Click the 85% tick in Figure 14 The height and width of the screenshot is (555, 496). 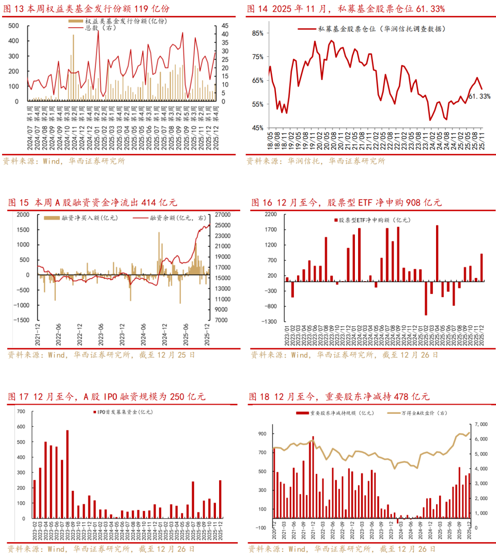[x=258, y=33]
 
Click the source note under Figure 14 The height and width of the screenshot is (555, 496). [x=316, y=161]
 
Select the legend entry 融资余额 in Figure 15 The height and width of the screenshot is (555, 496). [x=173, y=218]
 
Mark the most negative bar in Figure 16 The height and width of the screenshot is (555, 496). [x=426, y=297]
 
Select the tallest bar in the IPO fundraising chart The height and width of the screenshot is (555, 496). [x=67, y=474]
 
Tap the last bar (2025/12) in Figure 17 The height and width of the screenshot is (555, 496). [x=221, y=499]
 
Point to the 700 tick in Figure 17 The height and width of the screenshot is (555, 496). [x=21, y=411]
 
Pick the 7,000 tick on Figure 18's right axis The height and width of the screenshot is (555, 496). [x=481, y=424]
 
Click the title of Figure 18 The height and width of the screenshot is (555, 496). [x=339, y=397]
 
